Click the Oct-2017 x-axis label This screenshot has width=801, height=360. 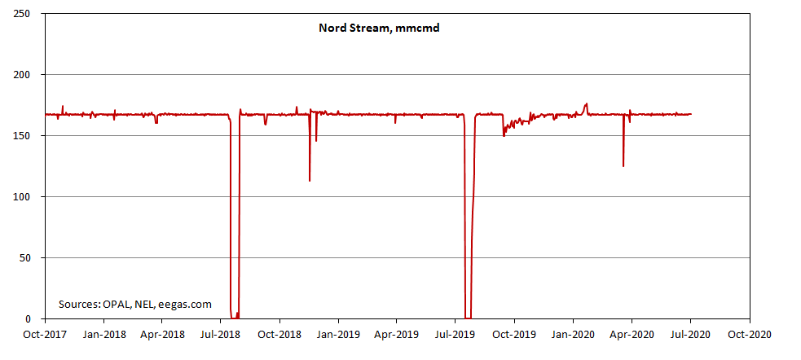click(x=45, y=333)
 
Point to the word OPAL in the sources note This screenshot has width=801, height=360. click(x=117, y=305)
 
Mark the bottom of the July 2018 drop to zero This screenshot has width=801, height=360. click(x=235, y=317)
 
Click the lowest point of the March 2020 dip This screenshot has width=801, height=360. click(x=623, y=166)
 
